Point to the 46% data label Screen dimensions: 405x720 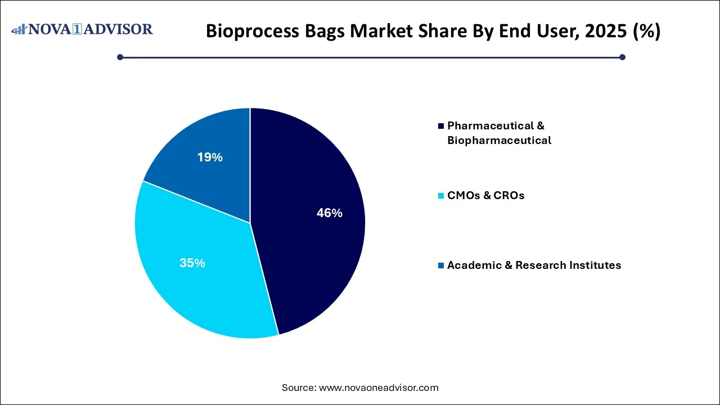tap(329, 213)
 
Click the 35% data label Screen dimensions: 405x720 tap(192, 263)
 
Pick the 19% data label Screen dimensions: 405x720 tap(210, 157)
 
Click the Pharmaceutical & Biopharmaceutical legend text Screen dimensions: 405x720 tap(498, 133)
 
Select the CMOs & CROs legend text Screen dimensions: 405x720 tap(485, 196)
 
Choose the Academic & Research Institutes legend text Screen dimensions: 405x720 tap(534, 265)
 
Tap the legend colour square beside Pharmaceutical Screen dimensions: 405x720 tap(442, 126)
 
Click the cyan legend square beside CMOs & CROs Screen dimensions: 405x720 tap(442, 196)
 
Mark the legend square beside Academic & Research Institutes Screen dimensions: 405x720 tap(442, 265)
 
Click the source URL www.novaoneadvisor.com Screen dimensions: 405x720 tap(379, 388)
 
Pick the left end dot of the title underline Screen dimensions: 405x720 tap(120, 57)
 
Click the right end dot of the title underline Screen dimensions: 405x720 tap(622, 57)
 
